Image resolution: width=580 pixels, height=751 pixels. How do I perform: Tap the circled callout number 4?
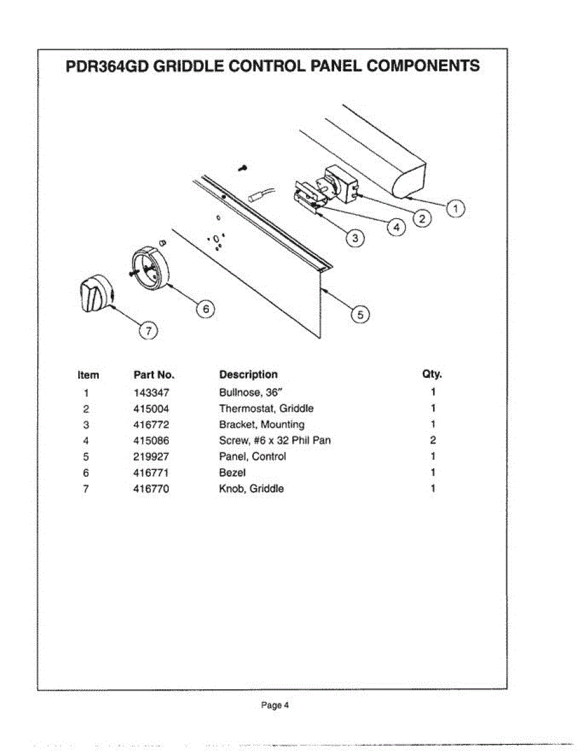pos(396,227)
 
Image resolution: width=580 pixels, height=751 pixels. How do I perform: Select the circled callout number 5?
pos(360,315)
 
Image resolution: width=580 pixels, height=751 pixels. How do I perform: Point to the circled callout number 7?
pos(148,331)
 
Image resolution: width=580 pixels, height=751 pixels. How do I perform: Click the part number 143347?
pos(152,392)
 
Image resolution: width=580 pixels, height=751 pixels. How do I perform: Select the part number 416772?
pos(152,424)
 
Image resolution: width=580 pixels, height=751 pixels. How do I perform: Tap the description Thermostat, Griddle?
pos(266,409)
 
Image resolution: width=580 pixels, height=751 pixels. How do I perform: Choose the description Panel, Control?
pos(252,456)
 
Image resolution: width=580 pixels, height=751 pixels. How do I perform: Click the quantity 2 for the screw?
pos(433,441)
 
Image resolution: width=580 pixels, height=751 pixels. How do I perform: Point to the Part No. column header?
pos(154,375)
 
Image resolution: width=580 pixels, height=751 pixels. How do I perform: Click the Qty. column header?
pos(432,374)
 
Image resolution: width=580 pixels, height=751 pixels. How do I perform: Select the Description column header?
pos(248,374)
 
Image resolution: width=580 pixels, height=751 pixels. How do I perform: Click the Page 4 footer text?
pos(275,705)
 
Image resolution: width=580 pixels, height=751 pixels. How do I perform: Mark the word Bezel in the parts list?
pos(232,473)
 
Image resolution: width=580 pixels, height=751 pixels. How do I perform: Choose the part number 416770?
pos(152,488)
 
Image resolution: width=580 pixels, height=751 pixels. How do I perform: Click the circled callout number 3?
pos(355,237)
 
